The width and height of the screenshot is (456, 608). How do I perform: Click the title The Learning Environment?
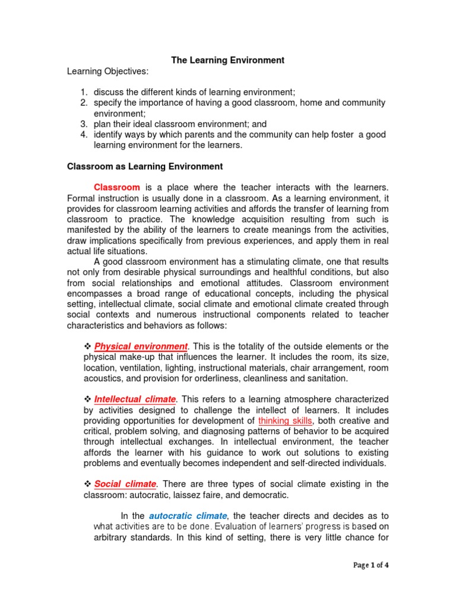coord(228,60)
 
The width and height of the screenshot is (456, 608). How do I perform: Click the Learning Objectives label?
coord(107,71)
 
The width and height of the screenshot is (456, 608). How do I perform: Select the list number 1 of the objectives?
coord(84,92)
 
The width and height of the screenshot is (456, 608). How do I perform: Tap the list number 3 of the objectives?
coord(84,124)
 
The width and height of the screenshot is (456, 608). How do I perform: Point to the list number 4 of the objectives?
coord(84,135)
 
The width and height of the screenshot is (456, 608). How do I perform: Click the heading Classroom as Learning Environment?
coord(145,166)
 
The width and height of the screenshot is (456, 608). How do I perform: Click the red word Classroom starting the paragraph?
coord(117,187)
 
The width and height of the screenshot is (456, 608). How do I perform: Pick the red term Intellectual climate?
coord(135,399)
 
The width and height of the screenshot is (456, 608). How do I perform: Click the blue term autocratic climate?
coord(188,516)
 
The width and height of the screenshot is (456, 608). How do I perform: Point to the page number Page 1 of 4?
coord(370,565)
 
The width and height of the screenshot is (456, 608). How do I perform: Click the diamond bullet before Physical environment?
coord(87,346)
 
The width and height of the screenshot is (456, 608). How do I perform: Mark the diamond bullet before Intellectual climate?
coord(87,399)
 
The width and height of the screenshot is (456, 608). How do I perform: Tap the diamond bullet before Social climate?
coord(87,484)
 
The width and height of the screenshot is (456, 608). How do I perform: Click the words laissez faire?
coord(220,495)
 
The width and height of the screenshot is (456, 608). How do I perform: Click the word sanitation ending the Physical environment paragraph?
coord(327,378)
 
